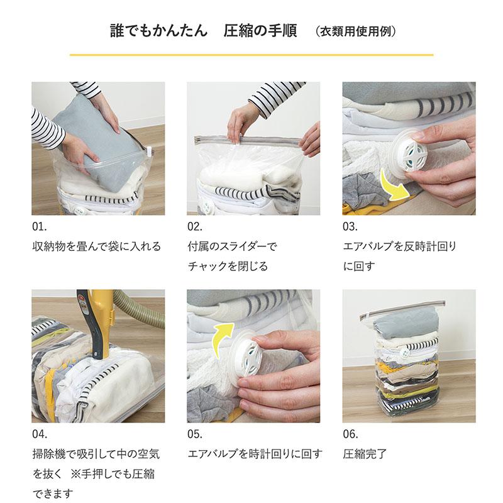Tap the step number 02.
coord(195,227)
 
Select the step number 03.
coord(350,227)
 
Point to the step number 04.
coord(40,434)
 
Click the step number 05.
coord(195,434)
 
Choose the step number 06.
coord(350,434)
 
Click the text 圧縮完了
coord(365,453)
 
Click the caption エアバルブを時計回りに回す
coord(255,453)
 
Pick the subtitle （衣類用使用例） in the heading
coord(356,31)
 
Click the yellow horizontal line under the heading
coord(251,55)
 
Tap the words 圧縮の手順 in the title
coord(260,31)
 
